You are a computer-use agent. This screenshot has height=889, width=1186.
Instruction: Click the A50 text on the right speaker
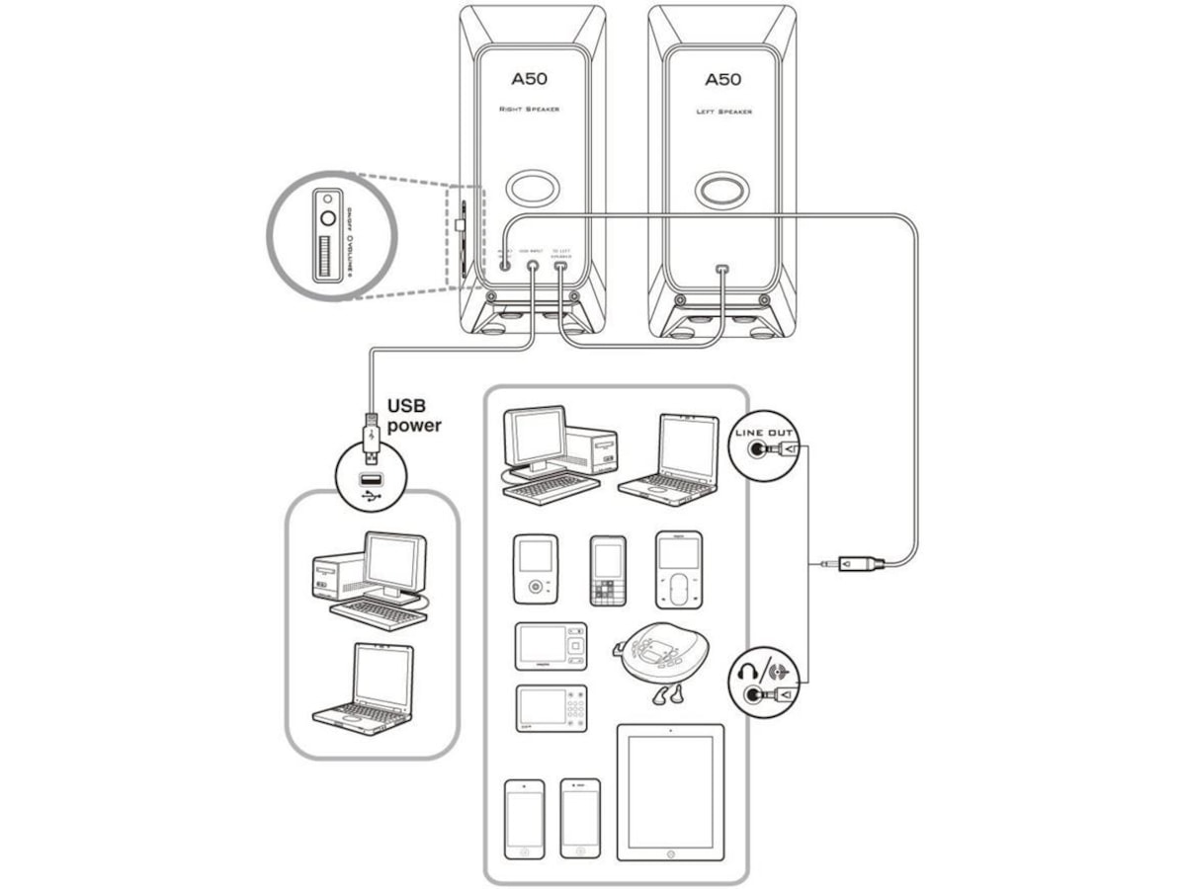pos(529,79)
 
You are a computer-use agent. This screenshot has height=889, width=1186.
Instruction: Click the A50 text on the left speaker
pos(722,79)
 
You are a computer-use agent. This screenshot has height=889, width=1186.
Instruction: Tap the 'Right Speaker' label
pos(529,109)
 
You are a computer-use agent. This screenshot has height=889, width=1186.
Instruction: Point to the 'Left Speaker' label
pos(723,112)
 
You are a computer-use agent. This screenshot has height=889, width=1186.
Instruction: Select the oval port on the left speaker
pos(721,189)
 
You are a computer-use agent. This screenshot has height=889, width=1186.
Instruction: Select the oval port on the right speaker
pos(531,188)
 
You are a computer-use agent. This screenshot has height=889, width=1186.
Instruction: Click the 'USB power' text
pos(413,415)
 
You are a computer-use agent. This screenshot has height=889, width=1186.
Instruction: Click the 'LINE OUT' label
pos(765,433)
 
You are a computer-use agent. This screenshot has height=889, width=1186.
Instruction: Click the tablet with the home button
pos(670,792)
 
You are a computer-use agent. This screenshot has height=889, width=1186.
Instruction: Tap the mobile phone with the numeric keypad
pos(608,571)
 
